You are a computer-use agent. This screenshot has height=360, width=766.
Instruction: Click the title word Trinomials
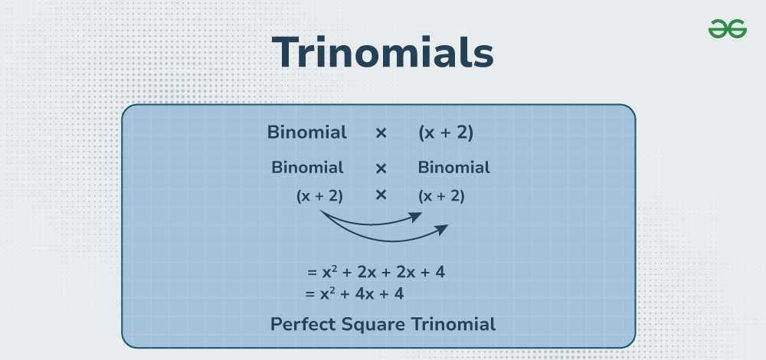pos(382,52)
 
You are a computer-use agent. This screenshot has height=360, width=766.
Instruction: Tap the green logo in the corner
pos(728,29)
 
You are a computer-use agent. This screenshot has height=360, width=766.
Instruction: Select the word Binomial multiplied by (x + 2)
pos(307,133)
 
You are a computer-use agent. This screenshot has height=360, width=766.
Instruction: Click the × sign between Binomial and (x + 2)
pos(381,133)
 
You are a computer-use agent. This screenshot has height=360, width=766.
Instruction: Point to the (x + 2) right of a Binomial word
pos(446,133)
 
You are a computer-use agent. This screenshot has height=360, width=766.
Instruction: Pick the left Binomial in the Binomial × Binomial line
pos(307,168)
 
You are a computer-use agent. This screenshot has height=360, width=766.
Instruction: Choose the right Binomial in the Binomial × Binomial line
pos(453,168)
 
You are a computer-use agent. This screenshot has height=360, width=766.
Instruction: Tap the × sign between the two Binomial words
pos(381,169)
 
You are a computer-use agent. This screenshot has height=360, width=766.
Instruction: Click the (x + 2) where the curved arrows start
pos(319,196)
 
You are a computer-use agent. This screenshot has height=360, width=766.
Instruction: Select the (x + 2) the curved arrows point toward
pos(441,196)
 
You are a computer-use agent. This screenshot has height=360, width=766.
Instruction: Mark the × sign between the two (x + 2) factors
pos(381,195)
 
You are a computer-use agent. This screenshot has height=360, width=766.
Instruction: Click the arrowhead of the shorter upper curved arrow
pos(416,217)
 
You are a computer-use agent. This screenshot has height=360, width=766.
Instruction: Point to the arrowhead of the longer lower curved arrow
pos(442,230)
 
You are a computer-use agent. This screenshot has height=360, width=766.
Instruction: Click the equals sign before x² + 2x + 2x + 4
pos(312,273)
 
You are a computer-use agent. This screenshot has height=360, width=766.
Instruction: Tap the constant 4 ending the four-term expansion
pos(440,272)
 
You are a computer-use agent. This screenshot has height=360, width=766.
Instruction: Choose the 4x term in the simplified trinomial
pos(365,294)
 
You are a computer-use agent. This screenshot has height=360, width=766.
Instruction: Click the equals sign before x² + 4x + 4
pos(309,295)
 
